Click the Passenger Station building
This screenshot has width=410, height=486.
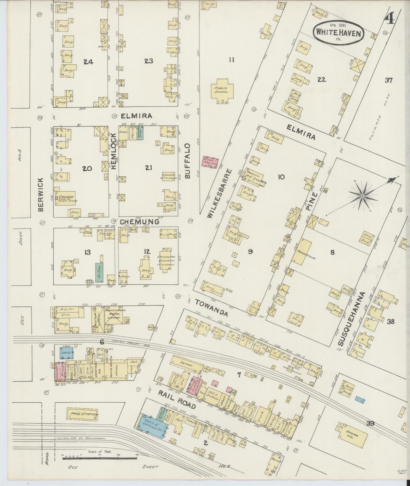[82, 414]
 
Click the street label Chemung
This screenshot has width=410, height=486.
[139, 222]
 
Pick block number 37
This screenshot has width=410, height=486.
[388, 80]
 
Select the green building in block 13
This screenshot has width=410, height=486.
[99, 272]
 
